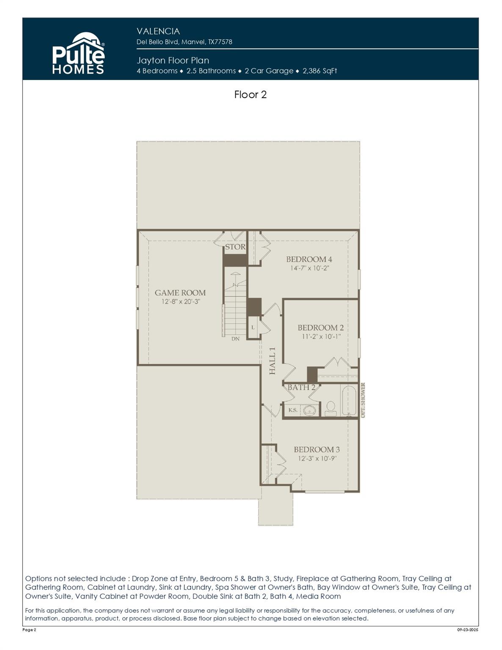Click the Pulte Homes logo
[78, 54]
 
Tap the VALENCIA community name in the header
[158, 31]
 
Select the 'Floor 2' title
[250, 94]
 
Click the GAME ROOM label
[180, 292]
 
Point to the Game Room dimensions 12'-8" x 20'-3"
[180, 302]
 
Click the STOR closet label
[235, 247]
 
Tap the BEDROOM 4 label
[309, 259]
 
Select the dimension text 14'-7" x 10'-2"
[309, 268]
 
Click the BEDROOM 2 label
[320, 328]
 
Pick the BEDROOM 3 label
[317, 449]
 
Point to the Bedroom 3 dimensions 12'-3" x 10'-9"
[317, 459]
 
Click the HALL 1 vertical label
[273, 361]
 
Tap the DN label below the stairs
[235, 339]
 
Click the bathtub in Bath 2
[350, 400]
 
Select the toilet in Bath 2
[331, 408]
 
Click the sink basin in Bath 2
[310, 410]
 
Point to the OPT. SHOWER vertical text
[363, 400]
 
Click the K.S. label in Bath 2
[292, 410]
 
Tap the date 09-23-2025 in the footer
[467, 630]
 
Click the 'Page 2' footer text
[29, 630]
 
